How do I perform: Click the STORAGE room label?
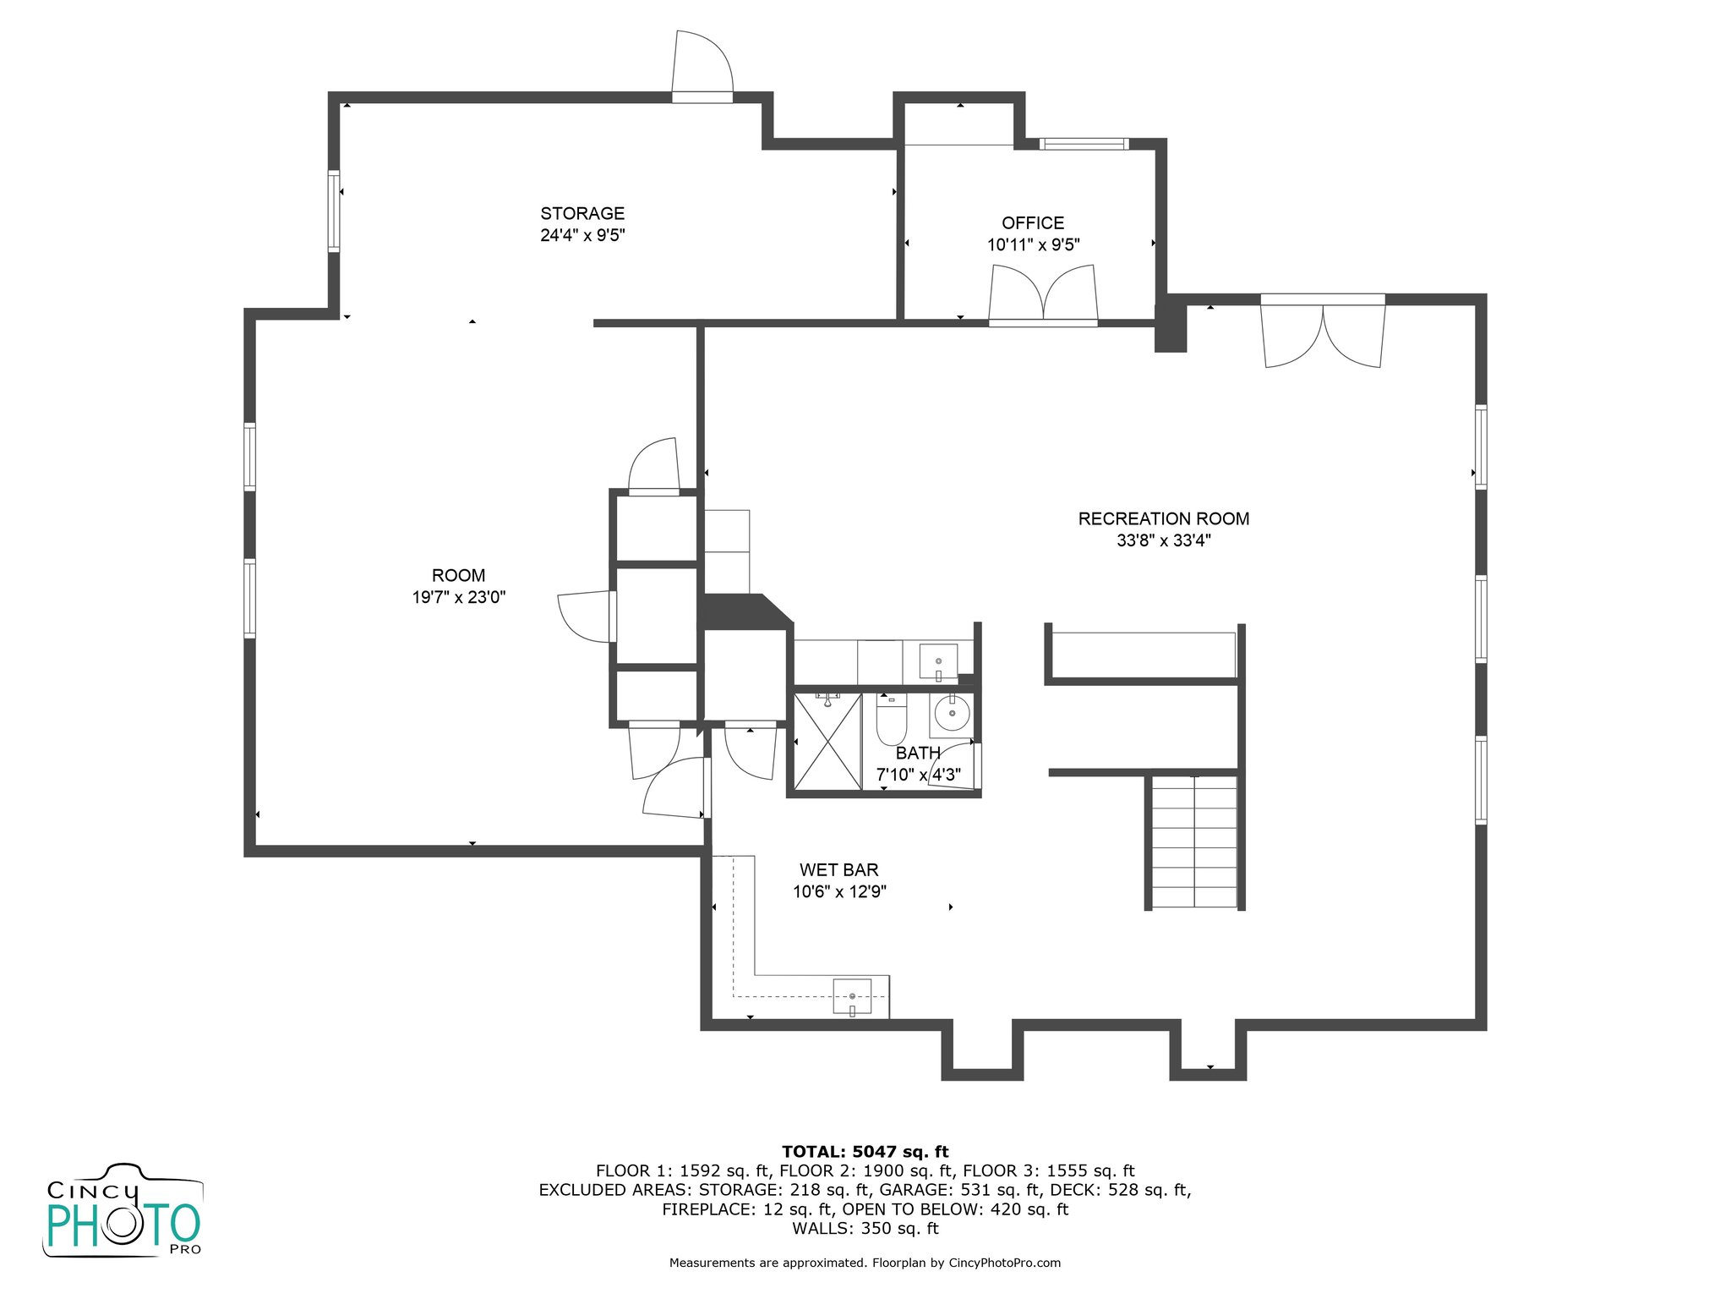(582, 214)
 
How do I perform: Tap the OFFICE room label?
(1033, 223)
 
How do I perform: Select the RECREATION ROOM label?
(1164, 519)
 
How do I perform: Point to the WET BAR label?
(839, 870)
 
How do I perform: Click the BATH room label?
(918, 753)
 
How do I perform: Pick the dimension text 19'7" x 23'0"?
(459, 597)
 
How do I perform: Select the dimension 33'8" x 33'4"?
(1164, 540)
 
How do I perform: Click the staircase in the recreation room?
(1194, 842)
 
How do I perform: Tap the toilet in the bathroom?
(891, 719)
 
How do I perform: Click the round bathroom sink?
(952, 715)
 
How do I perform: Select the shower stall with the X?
(828, 742)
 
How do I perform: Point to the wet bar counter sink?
(852, 996)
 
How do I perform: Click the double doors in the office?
(1043, 294)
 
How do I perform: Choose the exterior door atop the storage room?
(702, 67)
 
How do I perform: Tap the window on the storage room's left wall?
(334, 211)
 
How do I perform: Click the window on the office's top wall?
(1084, 144)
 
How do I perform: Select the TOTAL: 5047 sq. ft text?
(865, 1152)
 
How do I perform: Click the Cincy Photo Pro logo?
(123, 1210)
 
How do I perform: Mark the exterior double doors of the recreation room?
(1323, 331)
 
